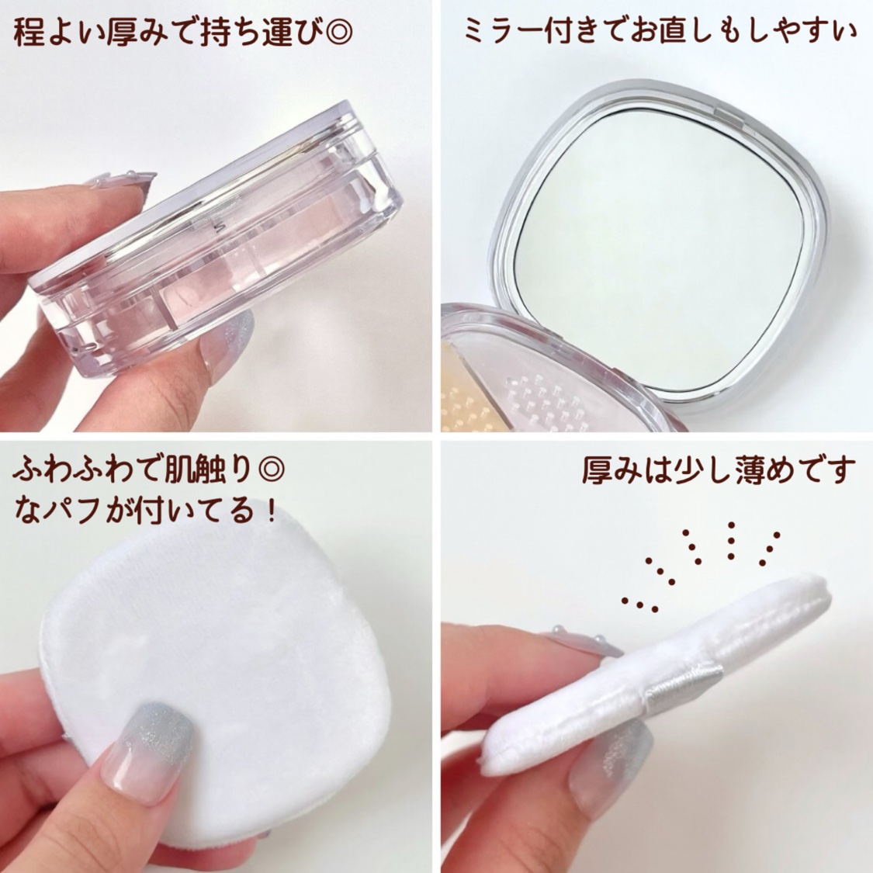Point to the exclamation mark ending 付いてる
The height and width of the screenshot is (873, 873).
[x=271, y=511]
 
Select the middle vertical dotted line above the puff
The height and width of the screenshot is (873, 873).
[x=732, y=540]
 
